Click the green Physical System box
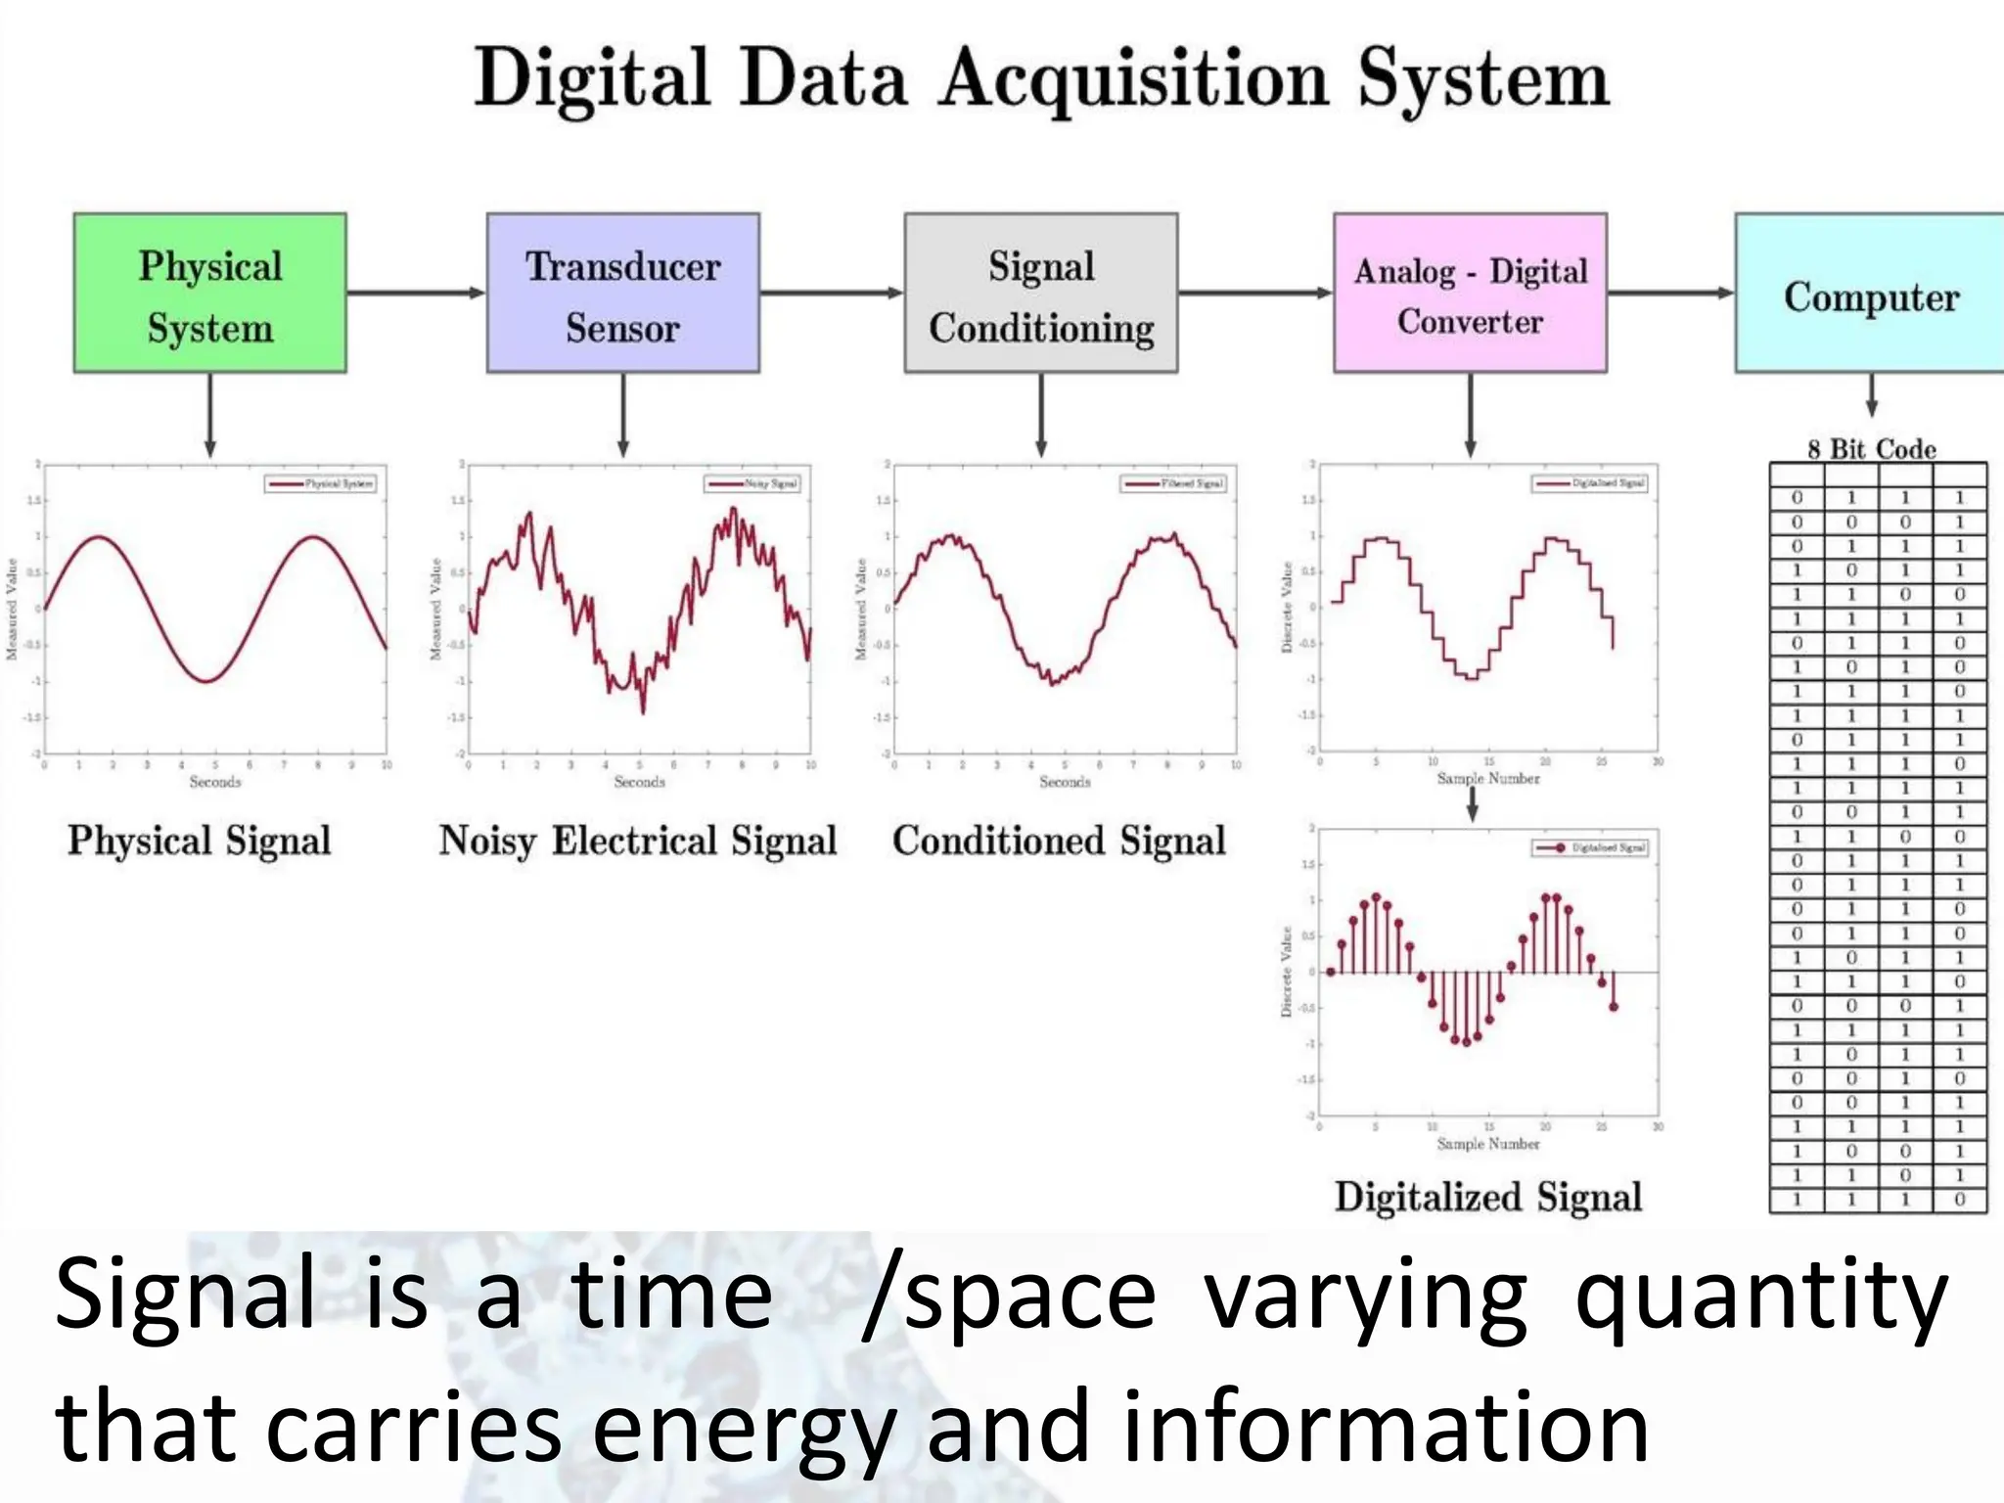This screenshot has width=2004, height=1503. pos(209,293)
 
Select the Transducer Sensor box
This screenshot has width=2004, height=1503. pos(622,293)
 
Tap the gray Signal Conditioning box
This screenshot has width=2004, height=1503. pos(1040,293)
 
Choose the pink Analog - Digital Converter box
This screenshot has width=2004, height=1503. pos(1470,293)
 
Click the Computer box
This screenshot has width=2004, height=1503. pos(1869,293)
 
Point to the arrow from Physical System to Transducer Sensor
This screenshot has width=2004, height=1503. pos(416,293)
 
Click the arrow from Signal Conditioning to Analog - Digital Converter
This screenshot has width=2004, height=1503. pos(1254,293)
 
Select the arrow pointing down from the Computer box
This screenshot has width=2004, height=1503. pos(1871,396)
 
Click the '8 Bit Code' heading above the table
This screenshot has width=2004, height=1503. pos(1871,449)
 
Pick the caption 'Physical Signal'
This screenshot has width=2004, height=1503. pos(200,842)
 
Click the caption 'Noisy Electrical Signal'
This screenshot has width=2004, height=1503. pos(638,842)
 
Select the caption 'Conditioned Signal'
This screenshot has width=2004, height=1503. pos(1059,842)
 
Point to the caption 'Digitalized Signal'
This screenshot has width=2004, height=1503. pos(1487,1198)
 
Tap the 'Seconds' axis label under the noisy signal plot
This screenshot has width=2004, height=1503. pos(639,782)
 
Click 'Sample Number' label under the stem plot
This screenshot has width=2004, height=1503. pos(1487,1144)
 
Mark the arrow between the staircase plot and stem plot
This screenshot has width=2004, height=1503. pos(1472,804)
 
